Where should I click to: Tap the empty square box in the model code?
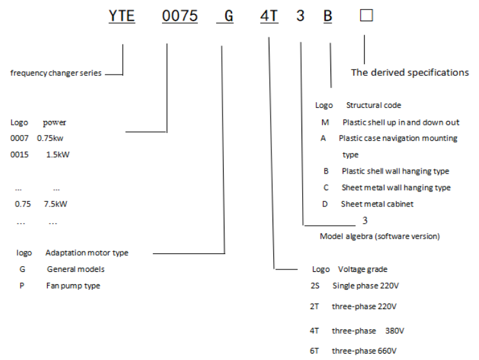pos(366,16)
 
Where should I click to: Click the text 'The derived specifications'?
pos(410,73)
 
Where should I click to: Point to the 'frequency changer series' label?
pos(56,73)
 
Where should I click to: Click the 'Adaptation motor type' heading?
pos(87,253)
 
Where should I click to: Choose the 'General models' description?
pos(75,269)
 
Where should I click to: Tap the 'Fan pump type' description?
pos(73,285)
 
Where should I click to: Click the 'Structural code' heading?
pos(374,105)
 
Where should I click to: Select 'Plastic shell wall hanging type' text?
pos(395,171)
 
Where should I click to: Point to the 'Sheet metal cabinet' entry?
pos(377,204)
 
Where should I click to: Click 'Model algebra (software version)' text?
pos(379,237)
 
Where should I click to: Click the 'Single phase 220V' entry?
pos(365,285)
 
